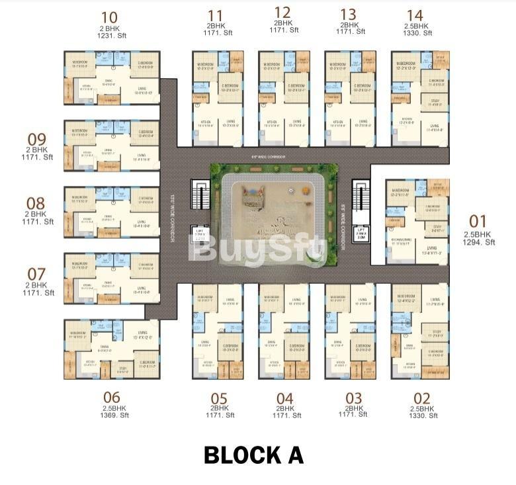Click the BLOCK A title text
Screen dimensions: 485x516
coord(253,455)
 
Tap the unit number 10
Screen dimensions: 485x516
coord(110,17)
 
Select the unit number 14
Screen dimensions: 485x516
coord(415,15)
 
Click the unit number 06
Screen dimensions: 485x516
coord(111,398)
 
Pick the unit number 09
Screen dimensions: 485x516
coord(36,140)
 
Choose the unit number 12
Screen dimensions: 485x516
coord(282,12)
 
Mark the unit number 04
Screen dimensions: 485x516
coord(285,398)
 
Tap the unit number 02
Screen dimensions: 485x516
coord(421,398)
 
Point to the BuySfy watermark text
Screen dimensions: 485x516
coord(258,250)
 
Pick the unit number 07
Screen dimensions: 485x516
coord(36,273)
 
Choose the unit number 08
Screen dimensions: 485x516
coord(36,203)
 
